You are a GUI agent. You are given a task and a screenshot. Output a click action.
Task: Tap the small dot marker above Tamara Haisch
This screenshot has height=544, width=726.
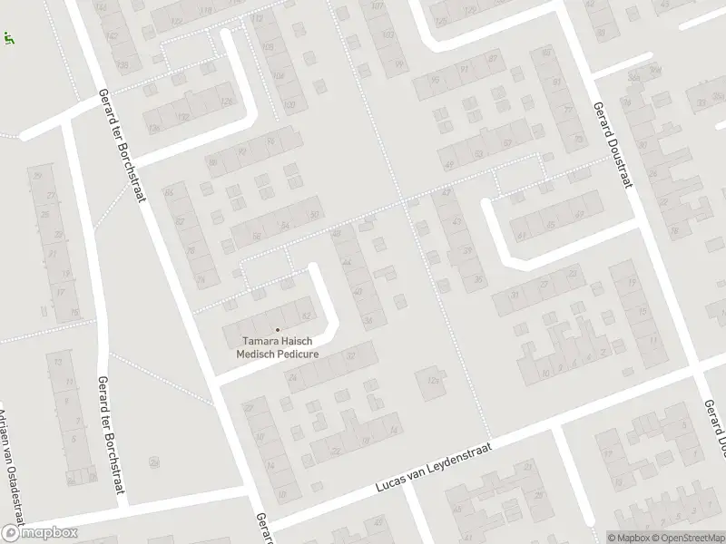point(278,329)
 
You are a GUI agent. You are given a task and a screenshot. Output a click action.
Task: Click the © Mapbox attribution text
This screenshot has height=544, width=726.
point(630,538)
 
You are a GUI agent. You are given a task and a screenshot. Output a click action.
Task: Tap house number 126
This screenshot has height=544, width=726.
point(226,100)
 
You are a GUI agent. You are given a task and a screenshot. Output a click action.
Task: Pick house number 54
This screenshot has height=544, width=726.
point(285,225)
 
